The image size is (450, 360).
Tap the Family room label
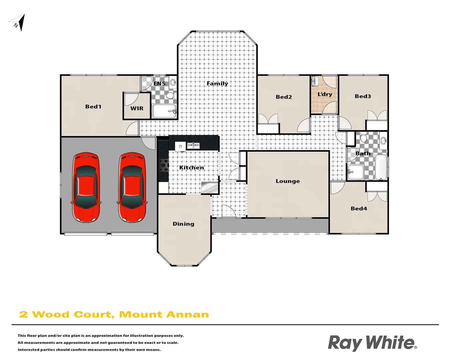(x=217, y=83)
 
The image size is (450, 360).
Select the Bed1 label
(x=93, y=107)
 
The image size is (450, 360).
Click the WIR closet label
(x=137, y=108)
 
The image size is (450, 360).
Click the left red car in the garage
(x=86, y=187)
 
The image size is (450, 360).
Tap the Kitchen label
(x=191, y=168)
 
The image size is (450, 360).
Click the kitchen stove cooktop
(x=163, y=165)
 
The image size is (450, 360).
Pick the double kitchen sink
(x=193, y=145)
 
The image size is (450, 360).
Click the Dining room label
(x=183, y=224)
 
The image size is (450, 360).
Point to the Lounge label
(x=288, y=181)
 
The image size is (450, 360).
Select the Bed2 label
(x=284, y=97)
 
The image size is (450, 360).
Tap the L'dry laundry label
(x=325, y=94)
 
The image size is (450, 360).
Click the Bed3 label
(x=363, y=96)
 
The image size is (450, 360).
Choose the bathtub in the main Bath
(x=381, y=167)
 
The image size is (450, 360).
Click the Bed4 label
(x=359, y=209)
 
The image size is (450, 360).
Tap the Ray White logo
(x=372, y=343)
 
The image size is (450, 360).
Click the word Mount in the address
(x=140, y=314)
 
